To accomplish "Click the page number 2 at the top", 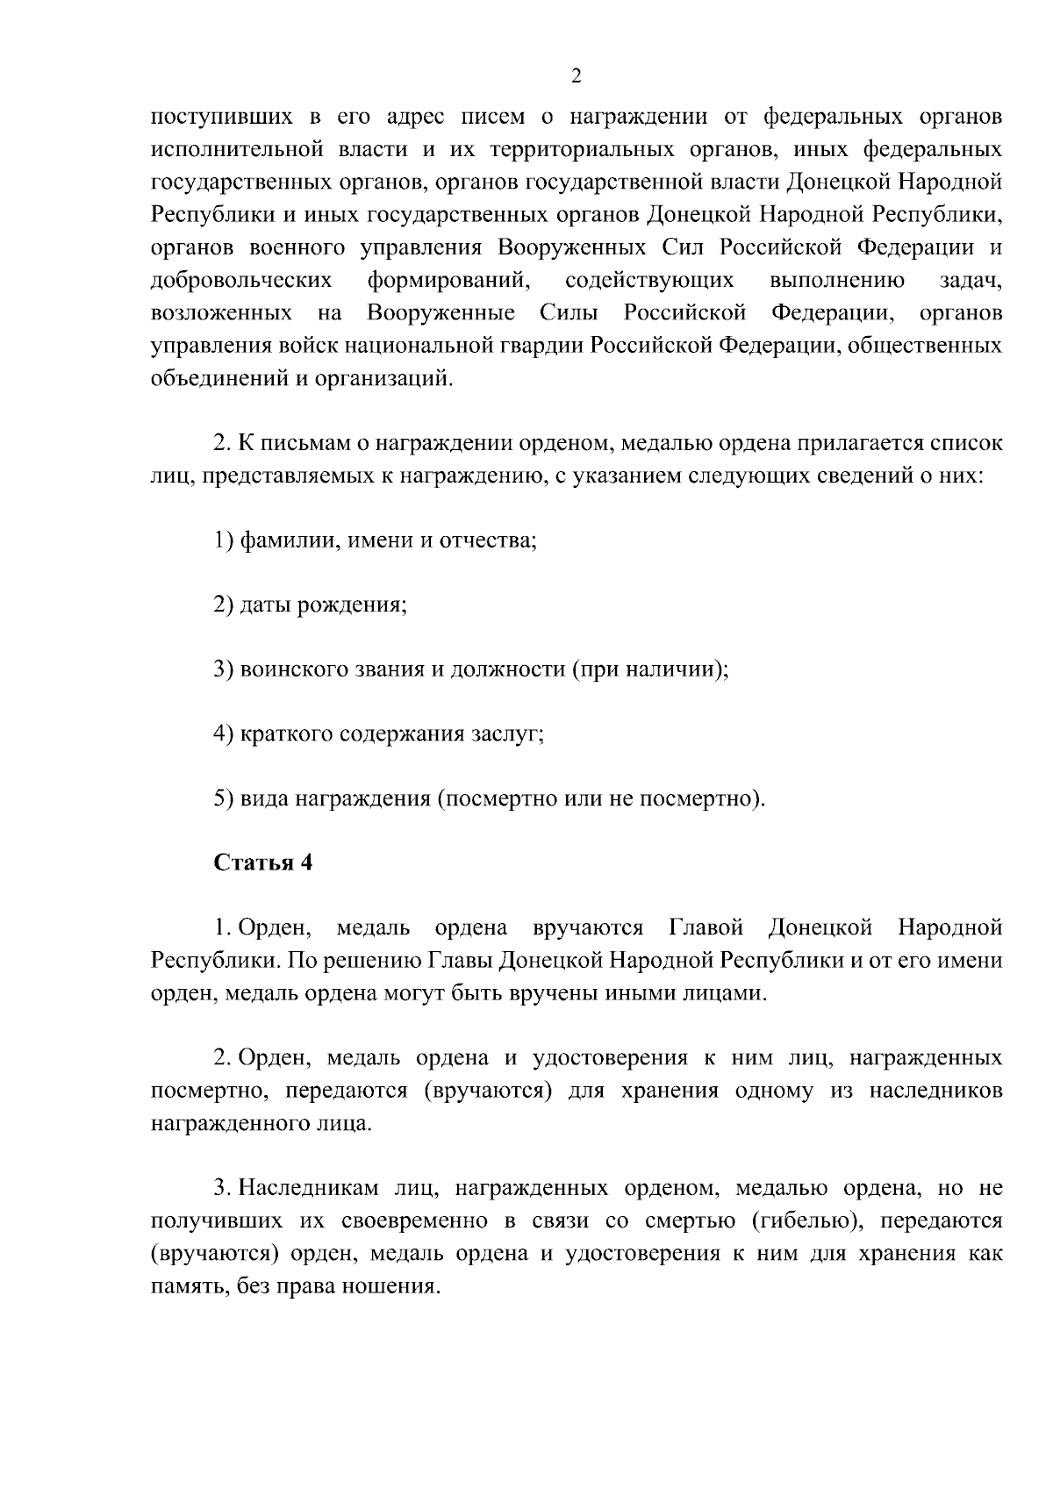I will tap(576, 76).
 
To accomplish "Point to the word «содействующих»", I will tap(649, 280).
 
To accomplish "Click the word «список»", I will tap(964, 443).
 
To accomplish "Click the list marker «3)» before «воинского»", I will tap(224, 669).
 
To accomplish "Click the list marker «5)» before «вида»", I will tap(224, 799).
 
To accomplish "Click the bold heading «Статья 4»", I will tap(263, 863).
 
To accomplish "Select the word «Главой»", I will tap(706, 927).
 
